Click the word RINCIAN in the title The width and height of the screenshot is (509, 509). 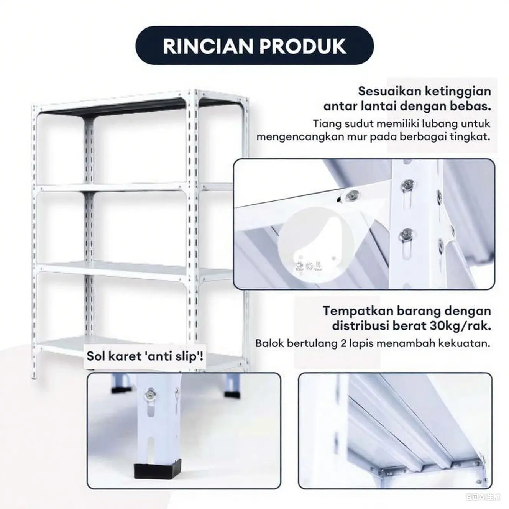tap(208, 46)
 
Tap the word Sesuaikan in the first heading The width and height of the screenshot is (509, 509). tap(389, 91)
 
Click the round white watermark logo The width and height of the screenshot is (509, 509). tap(317, 245)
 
